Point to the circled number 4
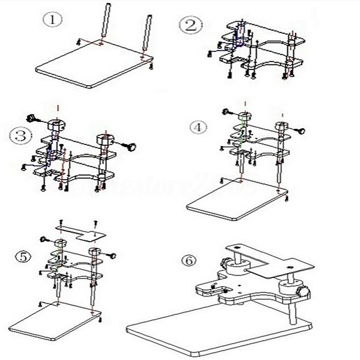(198, 127)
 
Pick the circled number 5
(23, 257)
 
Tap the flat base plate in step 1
(94, 66)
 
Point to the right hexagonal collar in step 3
(104, 138)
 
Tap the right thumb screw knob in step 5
(115, 255)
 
